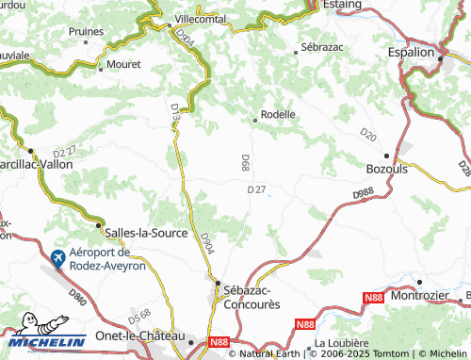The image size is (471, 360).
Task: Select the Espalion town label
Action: point(412,54)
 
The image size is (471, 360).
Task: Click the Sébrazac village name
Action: point(320,46)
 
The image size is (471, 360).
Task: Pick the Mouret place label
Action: point(124,64)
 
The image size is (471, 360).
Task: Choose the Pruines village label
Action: point(86,30)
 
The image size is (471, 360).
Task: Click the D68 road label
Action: point(244,162)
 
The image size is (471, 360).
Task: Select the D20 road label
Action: point(367,135)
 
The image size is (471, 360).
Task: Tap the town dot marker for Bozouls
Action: point(386,155)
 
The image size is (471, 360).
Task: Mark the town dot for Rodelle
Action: point(255,120)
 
